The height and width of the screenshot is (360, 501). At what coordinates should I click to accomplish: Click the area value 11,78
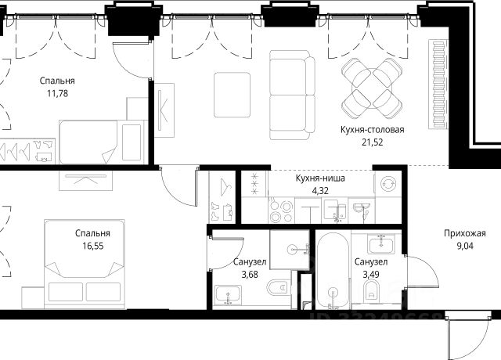point(57,94)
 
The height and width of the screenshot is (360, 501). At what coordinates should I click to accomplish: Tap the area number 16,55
point(93,246)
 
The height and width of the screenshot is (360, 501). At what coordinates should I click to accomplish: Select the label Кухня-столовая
point(373,130)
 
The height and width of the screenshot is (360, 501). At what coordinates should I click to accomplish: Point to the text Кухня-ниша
point(320,178)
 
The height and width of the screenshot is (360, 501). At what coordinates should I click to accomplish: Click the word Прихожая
point(465,233)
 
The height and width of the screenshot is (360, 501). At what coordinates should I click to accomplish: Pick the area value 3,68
point(250,275)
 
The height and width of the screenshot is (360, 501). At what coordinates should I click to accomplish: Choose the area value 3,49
point(371,275)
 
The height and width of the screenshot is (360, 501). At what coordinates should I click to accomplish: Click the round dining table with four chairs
point(372,88)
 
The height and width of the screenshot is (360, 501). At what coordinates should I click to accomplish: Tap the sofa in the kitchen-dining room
point(292,95)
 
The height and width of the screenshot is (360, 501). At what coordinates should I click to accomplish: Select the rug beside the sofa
point(232,95)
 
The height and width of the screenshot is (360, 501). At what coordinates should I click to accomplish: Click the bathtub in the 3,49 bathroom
point(333,271)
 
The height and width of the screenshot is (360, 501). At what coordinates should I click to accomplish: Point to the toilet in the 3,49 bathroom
point(371,290)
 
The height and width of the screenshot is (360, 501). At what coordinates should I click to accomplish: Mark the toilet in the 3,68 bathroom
point(279,288)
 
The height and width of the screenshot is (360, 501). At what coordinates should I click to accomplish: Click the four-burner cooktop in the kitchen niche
point(281,210)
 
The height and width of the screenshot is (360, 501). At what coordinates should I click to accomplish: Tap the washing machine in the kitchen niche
point(388,184)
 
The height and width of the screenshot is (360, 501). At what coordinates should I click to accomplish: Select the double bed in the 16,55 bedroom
point(85,264)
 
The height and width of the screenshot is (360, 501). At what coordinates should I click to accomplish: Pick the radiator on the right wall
point(438,85)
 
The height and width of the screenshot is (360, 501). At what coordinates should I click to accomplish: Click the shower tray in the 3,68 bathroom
point(290,250)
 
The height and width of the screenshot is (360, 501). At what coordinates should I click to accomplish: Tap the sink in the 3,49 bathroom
point(381,244)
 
